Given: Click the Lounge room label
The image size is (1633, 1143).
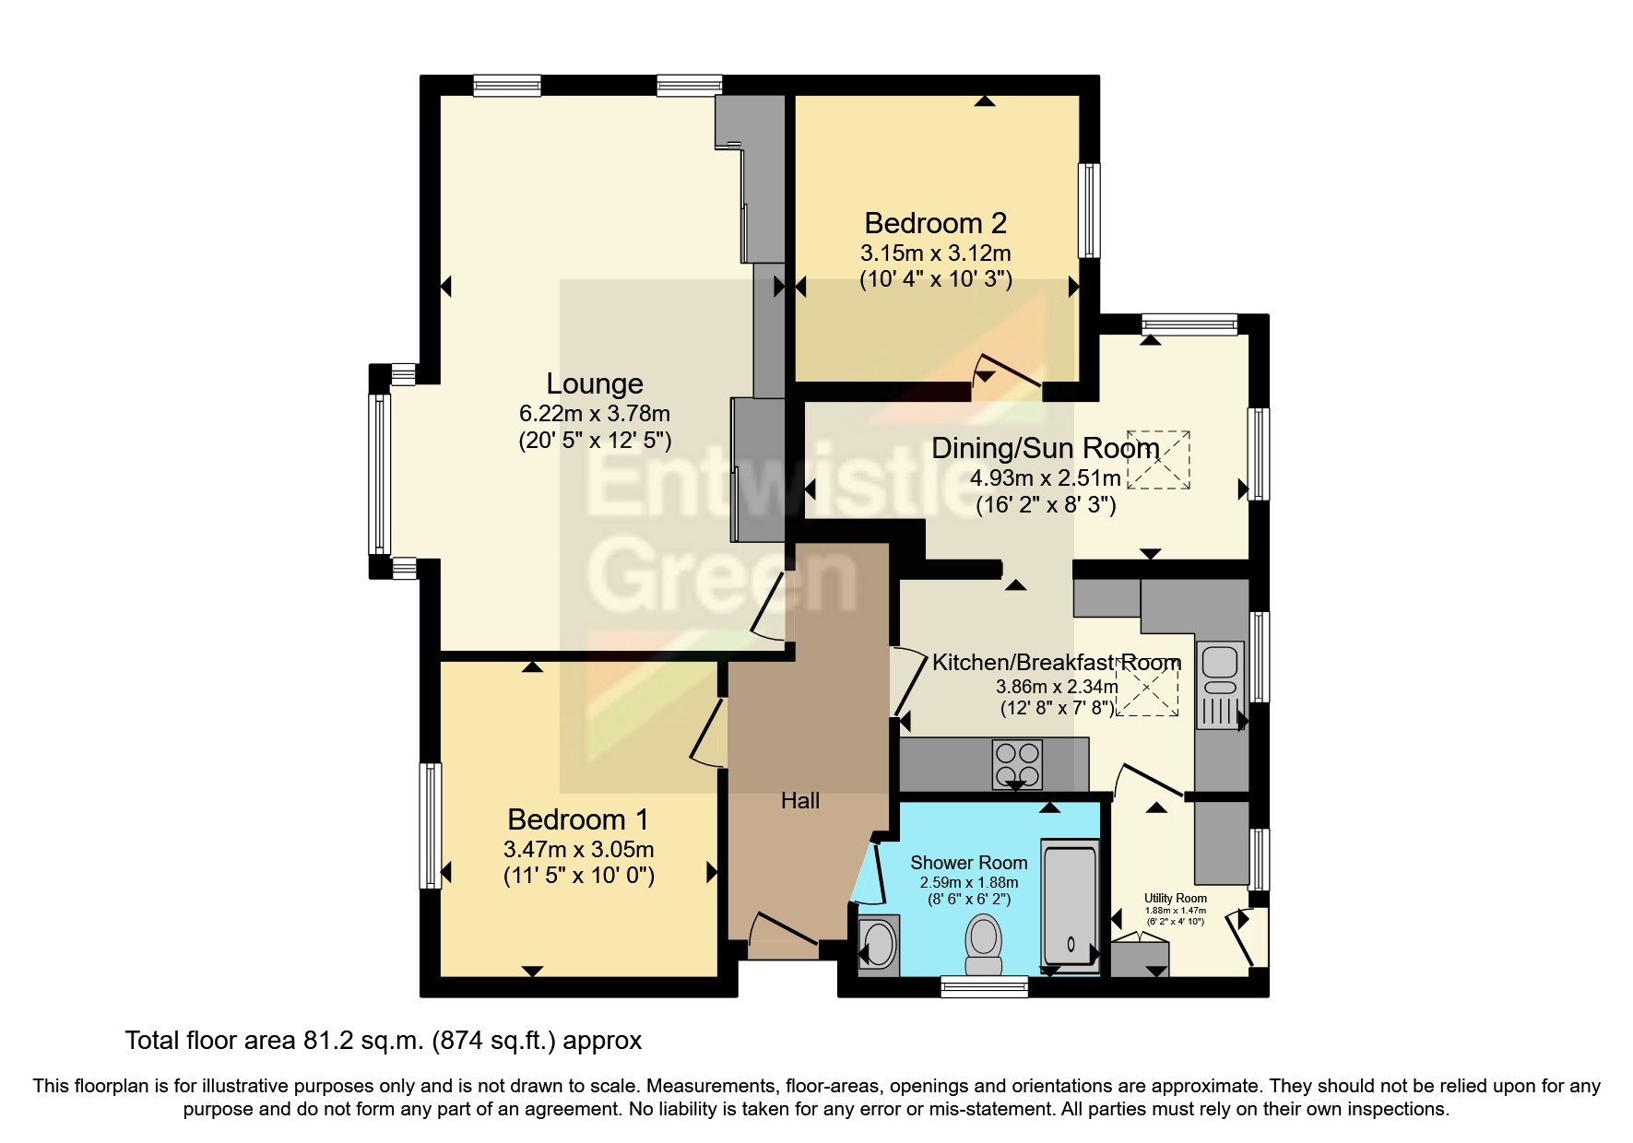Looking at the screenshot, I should pyautogui.click(x=595, y=383).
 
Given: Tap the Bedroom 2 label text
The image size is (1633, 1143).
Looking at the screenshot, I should pyautogui.click(x=935, y=223).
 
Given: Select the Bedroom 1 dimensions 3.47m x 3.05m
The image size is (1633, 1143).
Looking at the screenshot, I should pyautogui.click(x=578, y=849).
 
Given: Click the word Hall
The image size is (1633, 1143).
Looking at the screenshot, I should pyautogui.click(x=799, y=801).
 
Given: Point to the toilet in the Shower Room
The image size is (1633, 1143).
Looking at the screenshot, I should pyautogui.click(x=984, y=944).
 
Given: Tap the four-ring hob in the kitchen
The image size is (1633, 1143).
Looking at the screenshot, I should pyautogui.click(x=1017, y=764).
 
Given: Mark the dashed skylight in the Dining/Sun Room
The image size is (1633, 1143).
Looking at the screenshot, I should pyautogui.click(x=1158, y=460).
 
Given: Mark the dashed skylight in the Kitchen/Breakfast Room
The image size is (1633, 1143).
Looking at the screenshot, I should pyautogui.click(x=1147, y=688).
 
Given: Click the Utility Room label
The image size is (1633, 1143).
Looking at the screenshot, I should pyautogui.click(x=1176, y=898).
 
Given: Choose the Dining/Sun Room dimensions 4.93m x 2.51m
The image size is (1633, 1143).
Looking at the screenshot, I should pyautogui.click(x=1046, y=478).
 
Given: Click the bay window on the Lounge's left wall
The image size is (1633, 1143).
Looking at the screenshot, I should pyautogui.click(x=379, y=472).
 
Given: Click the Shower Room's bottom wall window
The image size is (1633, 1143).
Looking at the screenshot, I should pyautogui.click(x=984, y=988).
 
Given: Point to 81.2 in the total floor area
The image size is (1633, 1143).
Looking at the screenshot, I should pyautogui.click(x=324, y=1041).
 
